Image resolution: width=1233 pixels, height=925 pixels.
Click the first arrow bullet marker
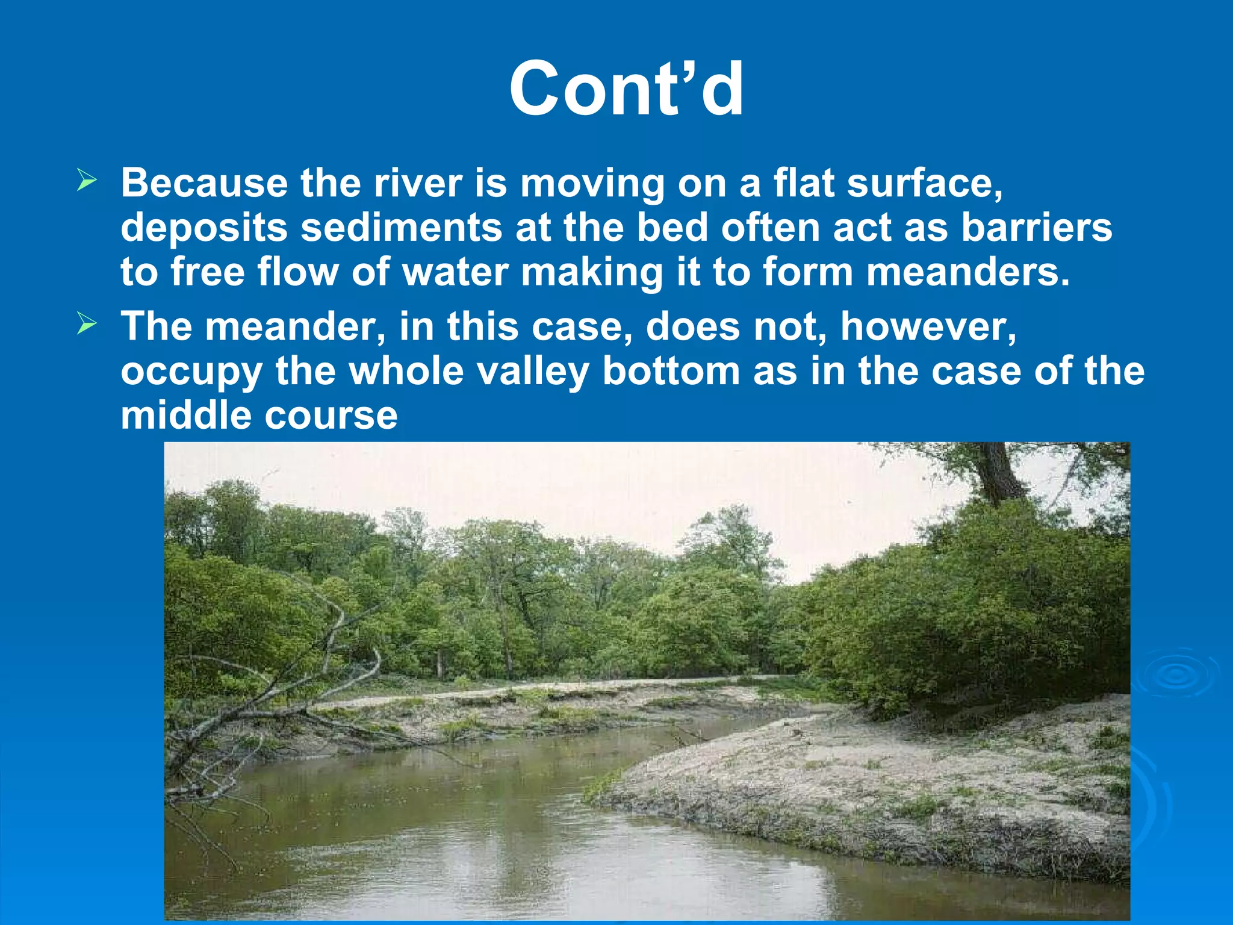coord(87,181)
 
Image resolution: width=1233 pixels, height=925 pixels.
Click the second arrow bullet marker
coord(87,325)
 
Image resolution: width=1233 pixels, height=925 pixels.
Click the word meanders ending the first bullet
coord(967,272)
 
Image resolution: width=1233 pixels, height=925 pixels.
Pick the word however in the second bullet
coord(928,326)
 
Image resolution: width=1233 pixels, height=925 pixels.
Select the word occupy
coord(191,372)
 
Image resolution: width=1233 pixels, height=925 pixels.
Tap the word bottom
coord(671,371)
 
